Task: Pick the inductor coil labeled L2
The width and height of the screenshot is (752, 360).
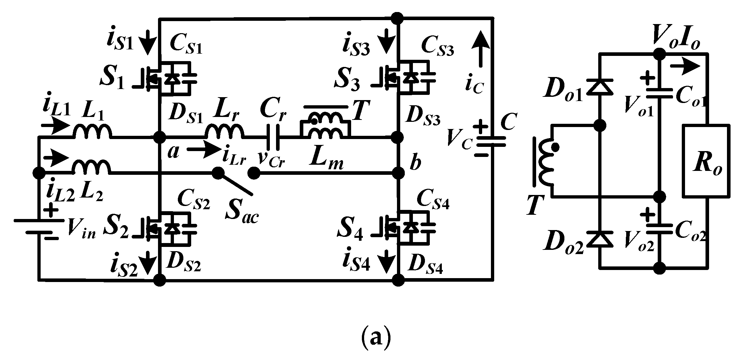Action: pos(92,167)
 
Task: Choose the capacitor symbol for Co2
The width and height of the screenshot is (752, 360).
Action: pos(659,228)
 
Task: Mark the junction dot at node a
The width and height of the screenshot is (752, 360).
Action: pos(160,137)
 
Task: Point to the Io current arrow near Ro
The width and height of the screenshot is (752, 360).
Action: pos(685,67)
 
